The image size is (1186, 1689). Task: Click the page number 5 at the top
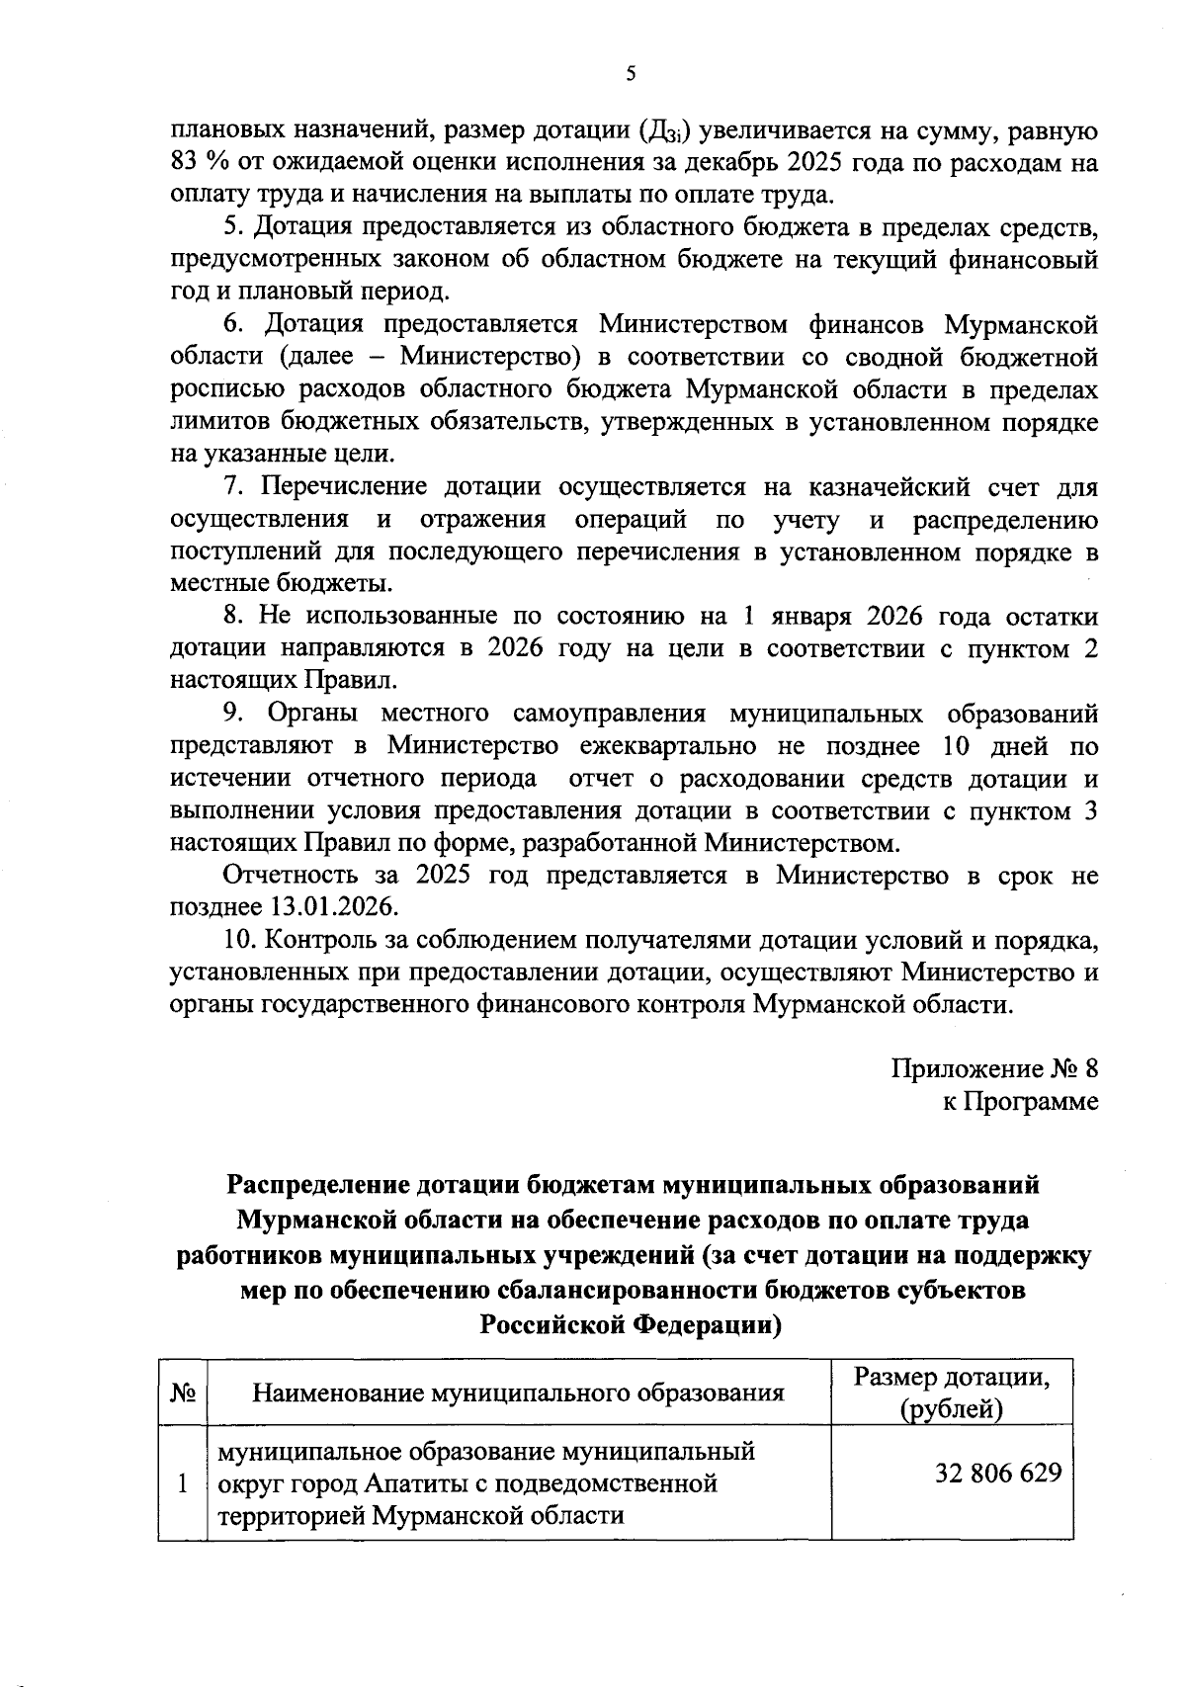coord(632,73)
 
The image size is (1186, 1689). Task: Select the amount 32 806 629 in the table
coord(998,1474)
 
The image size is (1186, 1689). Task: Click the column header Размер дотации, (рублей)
coord(951,1393)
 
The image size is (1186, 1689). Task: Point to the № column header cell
coord(183,1393)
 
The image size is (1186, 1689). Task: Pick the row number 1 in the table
coord(182,1483)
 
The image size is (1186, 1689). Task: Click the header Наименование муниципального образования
coord(518,1393)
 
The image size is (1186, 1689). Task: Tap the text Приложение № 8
coord(994,1069)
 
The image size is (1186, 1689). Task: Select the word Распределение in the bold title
coord(319,1184)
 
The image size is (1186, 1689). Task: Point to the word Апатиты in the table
coord(408,1483)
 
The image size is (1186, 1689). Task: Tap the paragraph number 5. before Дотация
coord(233,227)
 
